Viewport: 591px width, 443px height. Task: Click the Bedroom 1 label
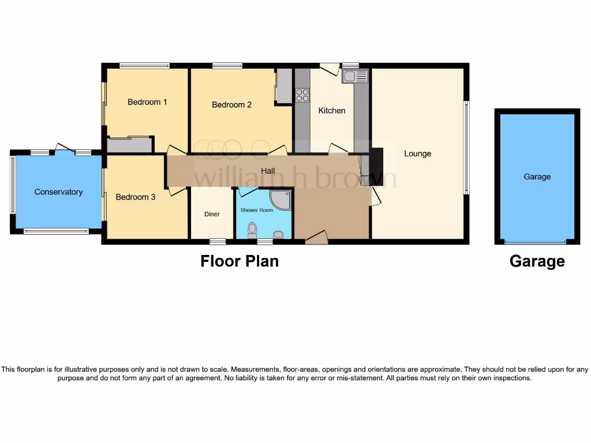[147, 102]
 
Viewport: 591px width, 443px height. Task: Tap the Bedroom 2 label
[231, 105]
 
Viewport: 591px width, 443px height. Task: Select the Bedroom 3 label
[135, 197]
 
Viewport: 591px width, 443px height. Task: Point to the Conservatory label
[58, 192]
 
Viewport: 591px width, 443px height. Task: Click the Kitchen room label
[332, 111]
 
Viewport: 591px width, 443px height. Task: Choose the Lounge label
[417, 154]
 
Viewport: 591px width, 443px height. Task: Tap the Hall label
[268, 171]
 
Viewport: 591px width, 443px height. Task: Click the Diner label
[212, 215]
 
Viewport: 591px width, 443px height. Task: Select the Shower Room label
[256, 211]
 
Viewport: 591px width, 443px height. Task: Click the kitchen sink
[354, 77]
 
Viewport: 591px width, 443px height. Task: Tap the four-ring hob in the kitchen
[302, 95]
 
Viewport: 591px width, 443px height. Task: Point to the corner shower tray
[281, 200]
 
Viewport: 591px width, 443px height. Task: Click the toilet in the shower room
[252, 231]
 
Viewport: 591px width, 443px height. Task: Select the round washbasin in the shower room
[279, 234]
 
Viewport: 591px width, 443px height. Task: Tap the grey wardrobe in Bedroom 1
[129, 144]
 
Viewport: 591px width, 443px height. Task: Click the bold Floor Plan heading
[240, 261]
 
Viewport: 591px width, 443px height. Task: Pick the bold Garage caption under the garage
[537, 262]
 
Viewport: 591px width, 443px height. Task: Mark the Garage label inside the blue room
[537, 177]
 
